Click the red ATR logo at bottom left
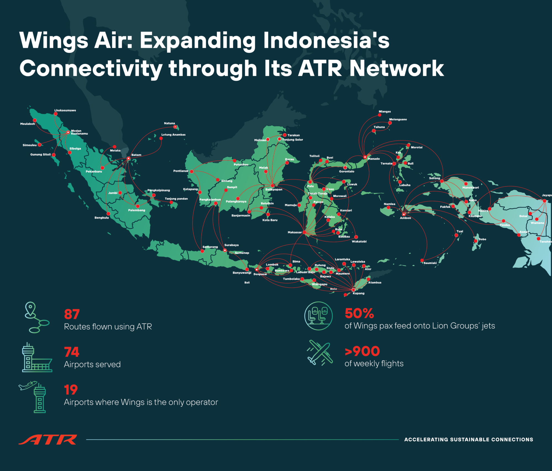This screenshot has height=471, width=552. [48, 440]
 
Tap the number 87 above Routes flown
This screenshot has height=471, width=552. [72, 314]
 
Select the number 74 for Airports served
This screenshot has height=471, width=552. [71, 352]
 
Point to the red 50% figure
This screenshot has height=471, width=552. [359, 313]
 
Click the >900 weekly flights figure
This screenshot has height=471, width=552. [362, 351]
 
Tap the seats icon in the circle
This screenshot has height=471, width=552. [318, 316]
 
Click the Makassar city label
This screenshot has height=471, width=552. [294, 232]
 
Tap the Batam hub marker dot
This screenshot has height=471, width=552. [128, 158]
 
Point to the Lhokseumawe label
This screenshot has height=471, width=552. [65, 110]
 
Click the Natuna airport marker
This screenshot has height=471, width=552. [175, 127]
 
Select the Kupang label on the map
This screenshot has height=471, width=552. [359, 293]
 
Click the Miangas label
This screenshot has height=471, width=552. [385, 111]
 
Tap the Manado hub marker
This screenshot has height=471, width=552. [365, 157]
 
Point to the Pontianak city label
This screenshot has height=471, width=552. [181, 171]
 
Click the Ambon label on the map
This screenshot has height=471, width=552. [405, 218]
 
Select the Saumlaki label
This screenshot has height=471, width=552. [430, 263]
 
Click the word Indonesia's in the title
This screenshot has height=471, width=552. [326, 40]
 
